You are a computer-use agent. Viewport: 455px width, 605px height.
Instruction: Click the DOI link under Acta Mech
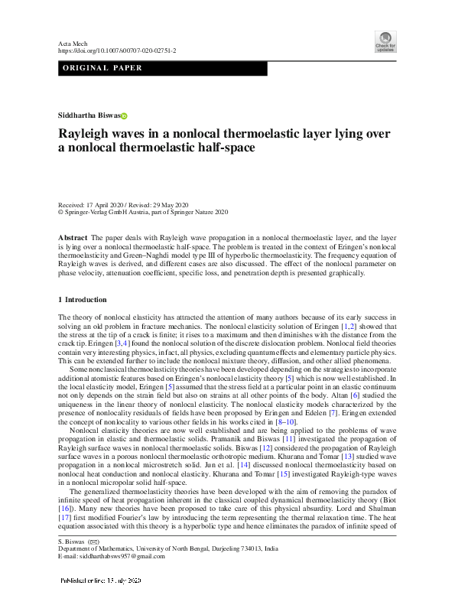tap(117, 50)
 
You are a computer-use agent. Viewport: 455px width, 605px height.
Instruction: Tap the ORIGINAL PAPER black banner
tap(162, 69)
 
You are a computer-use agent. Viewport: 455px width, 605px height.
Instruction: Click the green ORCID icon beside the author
tap(124, 115)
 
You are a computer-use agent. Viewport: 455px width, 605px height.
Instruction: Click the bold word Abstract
tap(73, 239)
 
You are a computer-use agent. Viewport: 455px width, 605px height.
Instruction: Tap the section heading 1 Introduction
tap(83, 299)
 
